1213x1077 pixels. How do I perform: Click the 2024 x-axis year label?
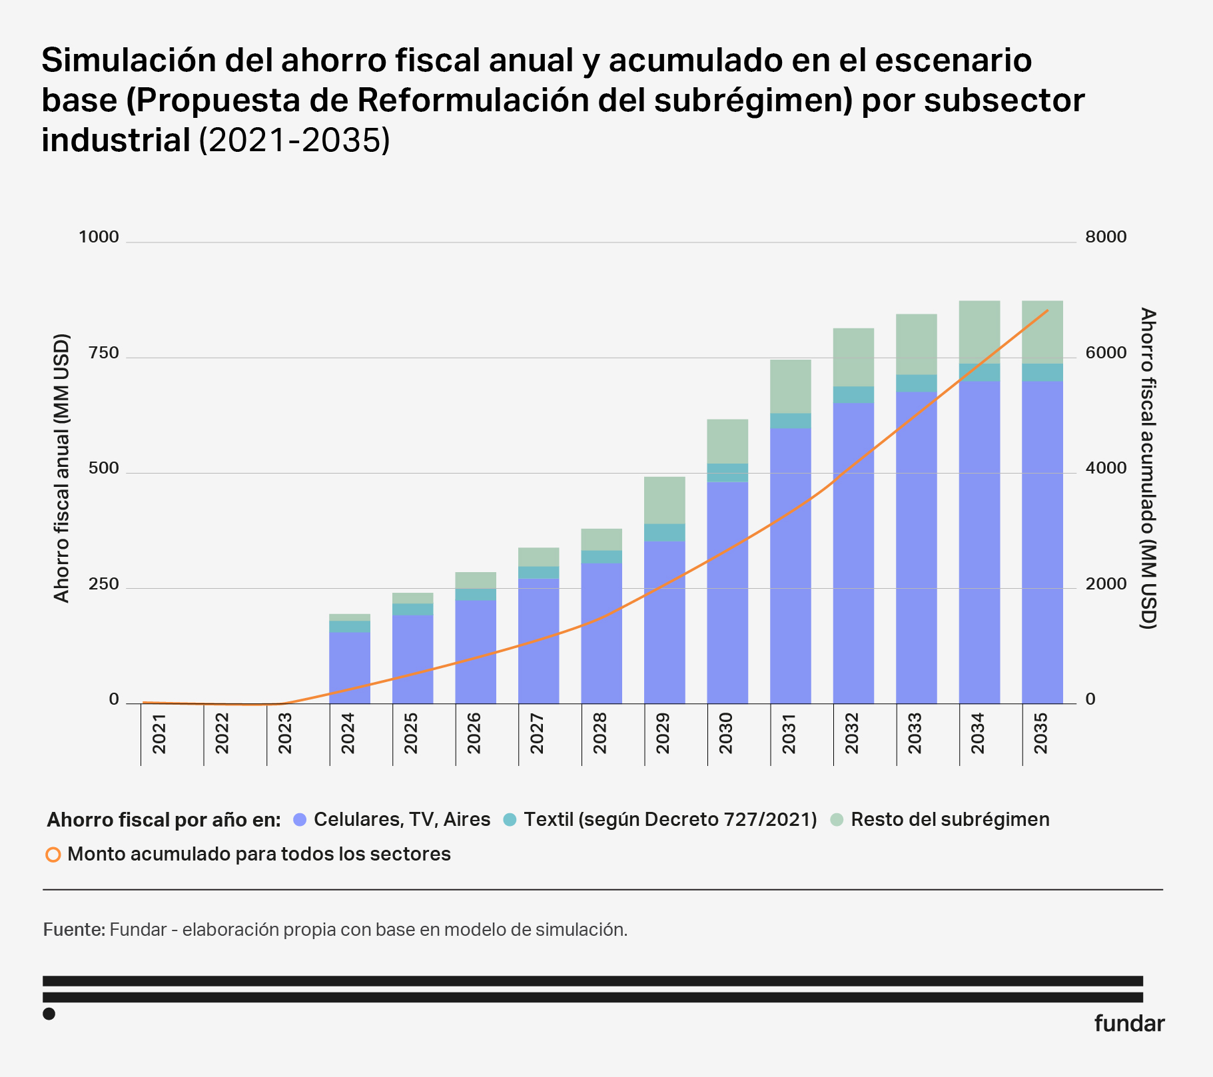click(347, 733)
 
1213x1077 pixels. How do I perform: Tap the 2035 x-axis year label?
click(1040, 733)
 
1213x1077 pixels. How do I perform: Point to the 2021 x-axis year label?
click(159, 733)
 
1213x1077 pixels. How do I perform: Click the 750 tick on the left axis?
click(103, 353)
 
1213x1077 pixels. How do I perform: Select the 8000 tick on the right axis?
click(1106, 237)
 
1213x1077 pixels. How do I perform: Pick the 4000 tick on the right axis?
click(1106, 468)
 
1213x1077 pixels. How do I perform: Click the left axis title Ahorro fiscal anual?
click(61, 468)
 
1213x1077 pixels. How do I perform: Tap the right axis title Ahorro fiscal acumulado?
click(1148, 468)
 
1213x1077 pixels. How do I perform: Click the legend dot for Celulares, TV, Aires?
click(300, 820)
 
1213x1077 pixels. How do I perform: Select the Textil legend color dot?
click(510, 820)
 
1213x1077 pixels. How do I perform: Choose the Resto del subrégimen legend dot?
click(837, 820)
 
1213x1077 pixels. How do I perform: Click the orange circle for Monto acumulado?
click(53, 855)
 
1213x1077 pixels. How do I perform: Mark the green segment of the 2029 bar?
click(664, 500)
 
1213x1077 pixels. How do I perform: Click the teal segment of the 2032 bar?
click(853, 395)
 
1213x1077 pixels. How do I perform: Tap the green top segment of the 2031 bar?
click(790, 386)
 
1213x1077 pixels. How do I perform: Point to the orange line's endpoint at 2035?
click(1048, 310)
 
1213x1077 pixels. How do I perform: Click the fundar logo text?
click(1129, 1024)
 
